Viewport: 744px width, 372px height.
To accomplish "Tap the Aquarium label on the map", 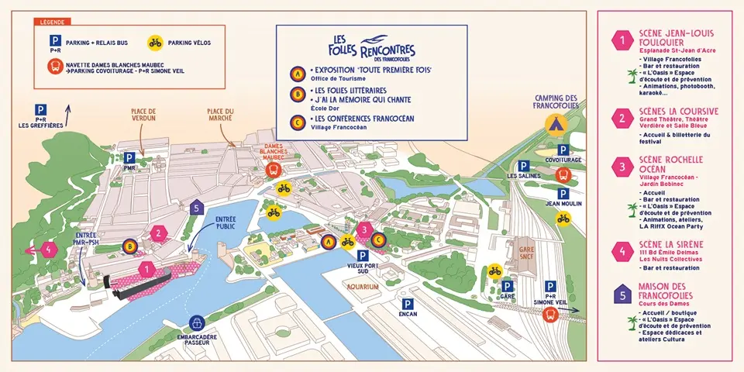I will (x=363, y=287).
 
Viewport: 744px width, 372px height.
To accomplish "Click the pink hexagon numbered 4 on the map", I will (x=50, y=250).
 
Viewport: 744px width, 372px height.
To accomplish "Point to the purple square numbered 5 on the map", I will (x=197, y=207).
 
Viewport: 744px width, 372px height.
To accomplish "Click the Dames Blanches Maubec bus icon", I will (x=273, y=170).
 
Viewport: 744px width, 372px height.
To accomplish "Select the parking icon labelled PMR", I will (x=129, y=158).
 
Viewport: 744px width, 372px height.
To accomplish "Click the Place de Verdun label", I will (x=144, y=115).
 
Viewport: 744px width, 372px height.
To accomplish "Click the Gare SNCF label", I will (x=527, y=253).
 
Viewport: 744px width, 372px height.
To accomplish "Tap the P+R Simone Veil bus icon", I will (x=550, y=314).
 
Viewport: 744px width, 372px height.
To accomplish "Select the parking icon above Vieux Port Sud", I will (x=362, y=256).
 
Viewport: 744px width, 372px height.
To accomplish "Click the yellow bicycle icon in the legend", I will (x=156, y=43).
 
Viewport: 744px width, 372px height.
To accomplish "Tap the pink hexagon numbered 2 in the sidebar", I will (x=621, y=119).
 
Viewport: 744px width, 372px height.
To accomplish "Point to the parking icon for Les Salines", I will (x=524, y=165).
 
